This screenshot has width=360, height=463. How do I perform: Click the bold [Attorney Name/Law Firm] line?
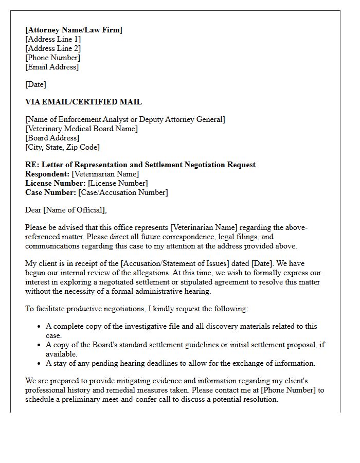74,30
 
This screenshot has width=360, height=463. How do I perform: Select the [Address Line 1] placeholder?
53,39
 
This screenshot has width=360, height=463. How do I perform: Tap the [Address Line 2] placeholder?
53,48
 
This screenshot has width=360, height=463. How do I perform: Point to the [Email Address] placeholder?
52,67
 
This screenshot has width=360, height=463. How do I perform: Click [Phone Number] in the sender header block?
52,58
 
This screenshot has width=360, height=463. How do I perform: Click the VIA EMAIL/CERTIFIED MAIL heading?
83,102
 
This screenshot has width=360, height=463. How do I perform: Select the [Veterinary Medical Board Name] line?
81,129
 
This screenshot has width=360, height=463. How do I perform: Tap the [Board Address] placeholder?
52,138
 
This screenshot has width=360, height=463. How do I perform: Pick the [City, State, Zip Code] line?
62,147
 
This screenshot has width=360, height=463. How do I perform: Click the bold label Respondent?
47,174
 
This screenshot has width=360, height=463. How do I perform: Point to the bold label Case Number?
50,192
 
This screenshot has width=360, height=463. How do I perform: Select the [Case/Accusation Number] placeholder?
123,192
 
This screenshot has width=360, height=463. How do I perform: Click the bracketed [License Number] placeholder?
118,183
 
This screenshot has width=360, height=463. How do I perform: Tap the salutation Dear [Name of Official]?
66,210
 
